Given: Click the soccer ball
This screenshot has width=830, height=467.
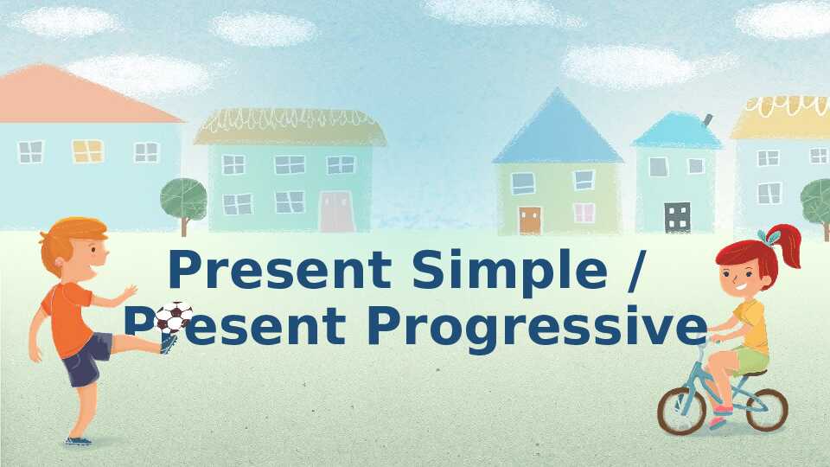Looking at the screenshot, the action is pyautogui.click(x=173, y=317).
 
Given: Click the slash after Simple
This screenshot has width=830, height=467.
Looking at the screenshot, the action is pyautogui.click(x=635, y=272).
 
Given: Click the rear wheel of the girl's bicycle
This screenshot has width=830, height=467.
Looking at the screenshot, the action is pyautogui.click(x=767, y=409).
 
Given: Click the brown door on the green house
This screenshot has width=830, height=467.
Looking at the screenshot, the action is pyautogui.click(x=530, y=221).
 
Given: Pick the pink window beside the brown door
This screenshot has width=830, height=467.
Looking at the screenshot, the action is pyautogui.click(x=584, y=213).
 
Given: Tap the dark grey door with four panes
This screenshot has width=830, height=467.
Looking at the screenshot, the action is pyautogui.click(x=678, y=217).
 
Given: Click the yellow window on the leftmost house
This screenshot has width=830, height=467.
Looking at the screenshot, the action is pyautogui.click(x=88, y=150).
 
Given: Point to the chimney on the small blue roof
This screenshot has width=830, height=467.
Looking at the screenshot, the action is pyautogui.click(x=707, y=121).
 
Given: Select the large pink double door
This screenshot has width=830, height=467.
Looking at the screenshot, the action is pyautogui.click(x=336, y=211).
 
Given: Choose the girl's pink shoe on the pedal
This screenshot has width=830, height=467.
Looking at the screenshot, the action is pyautogui.click(x=718, y=422).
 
